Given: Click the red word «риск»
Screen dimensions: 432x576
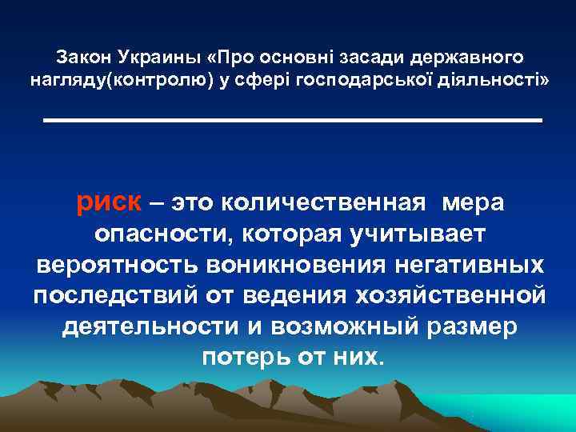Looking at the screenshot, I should tap(109, 203).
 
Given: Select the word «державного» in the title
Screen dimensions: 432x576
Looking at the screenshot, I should tap(478, 58).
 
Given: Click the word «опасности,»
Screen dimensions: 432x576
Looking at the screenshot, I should tap(161, 234).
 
